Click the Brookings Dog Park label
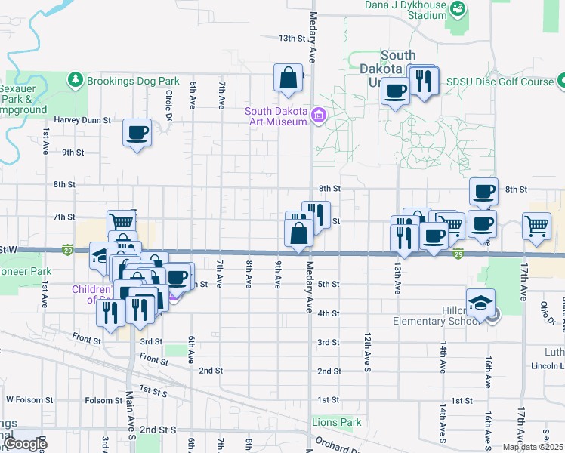132,81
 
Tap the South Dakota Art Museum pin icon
319,116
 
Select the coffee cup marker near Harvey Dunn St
137,134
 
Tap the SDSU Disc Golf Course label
499,81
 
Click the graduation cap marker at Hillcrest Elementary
481,304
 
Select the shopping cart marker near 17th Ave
536,226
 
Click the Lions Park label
336,422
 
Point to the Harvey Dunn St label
82,120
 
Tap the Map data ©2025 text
533,447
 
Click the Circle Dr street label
169,106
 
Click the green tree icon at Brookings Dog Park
75,79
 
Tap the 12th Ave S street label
368,333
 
